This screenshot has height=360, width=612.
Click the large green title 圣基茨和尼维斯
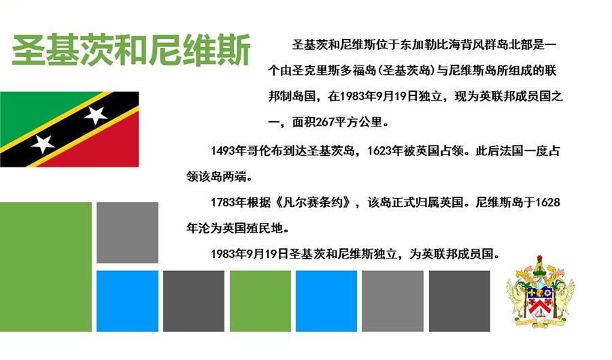pos(131,50)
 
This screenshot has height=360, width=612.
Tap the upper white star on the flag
pos(95,115)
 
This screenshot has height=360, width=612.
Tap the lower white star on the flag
pos(43,144)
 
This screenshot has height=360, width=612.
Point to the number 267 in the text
pos(325,122)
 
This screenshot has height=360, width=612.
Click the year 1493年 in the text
pos(228,150)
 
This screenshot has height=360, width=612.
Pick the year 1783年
pos(228,202)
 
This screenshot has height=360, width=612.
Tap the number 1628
pos(547,202)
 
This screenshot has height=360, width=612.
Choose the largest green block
pos(46,267)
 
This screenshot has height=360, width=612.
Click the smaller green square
pos(260,301)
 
